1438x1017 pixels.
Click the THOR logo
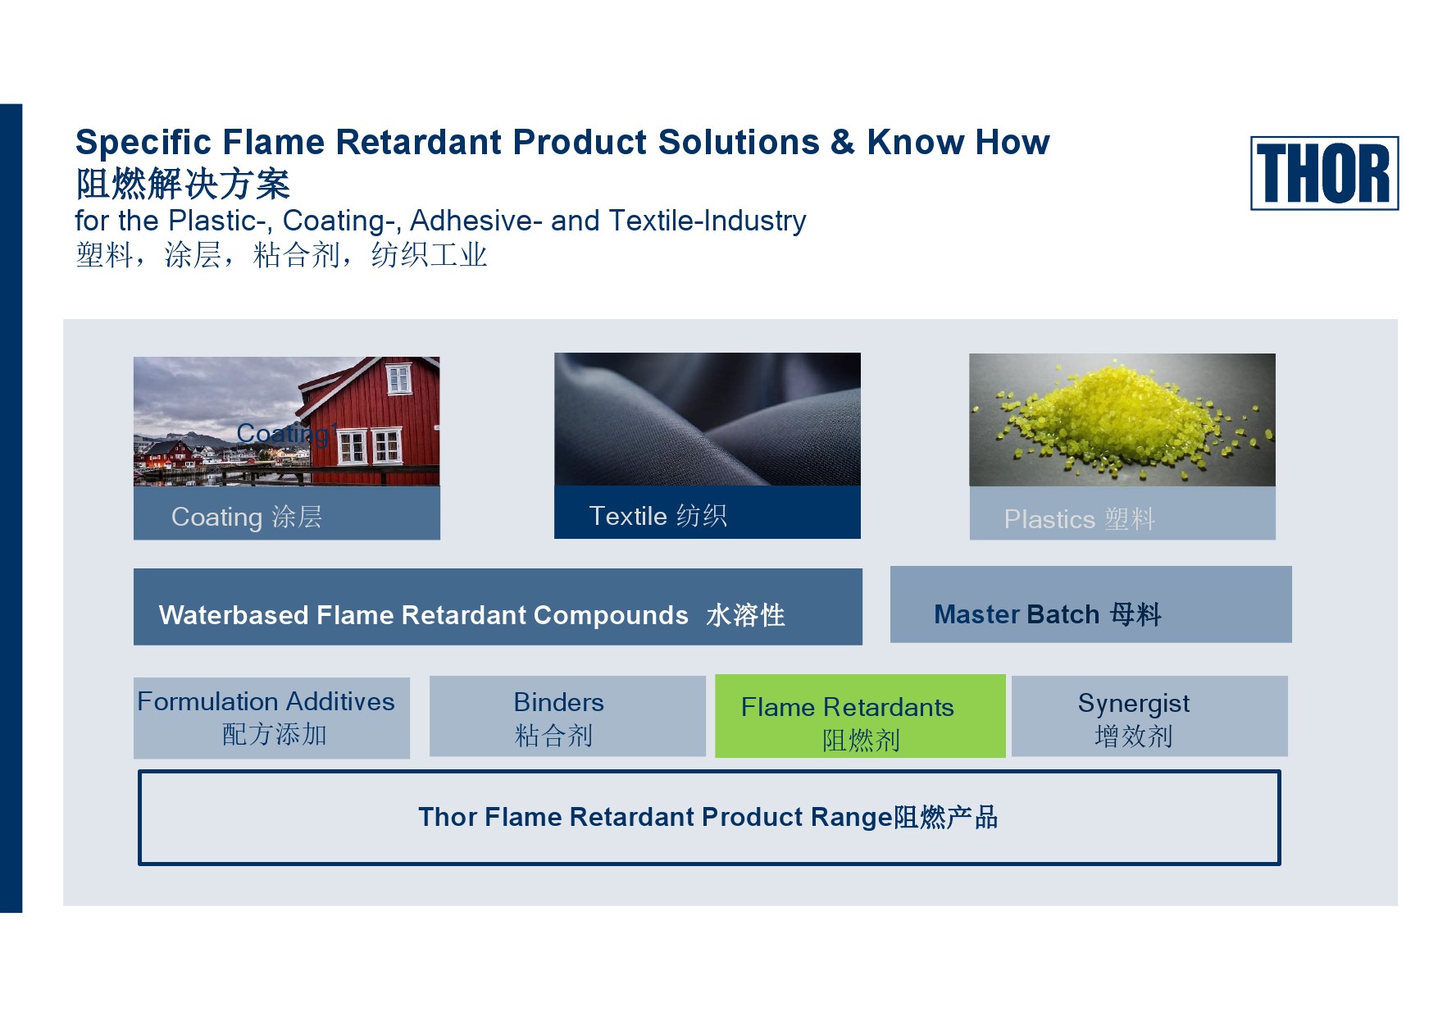coord(1324,173)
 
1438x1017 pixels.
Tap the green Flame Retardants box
coord(860,716)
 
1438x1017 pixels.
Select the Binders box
coord(567,716)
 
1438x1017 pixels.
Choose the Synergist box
coord(1149,716)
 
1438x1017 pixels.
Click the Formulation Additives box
coord(271,718)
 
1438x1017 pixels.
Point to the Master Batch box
coord(1090,604)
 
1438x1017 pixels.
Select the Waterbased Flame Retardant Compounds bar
coord(498,607)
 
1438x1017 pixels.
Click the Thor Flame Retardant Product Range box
coord(709,817)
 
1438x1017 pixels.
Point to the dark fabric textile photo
coord(708,419)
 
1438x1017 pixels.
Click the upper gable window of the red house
coord(398,379)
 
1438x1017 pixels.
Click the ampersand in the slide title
coord(843,143)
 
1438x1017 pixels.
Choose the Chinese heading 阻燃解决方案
coord(183,184)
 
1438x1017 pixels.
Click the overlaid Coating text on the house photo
coord(286,433)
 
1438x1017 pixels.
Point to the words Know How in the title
coord(958,143)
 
